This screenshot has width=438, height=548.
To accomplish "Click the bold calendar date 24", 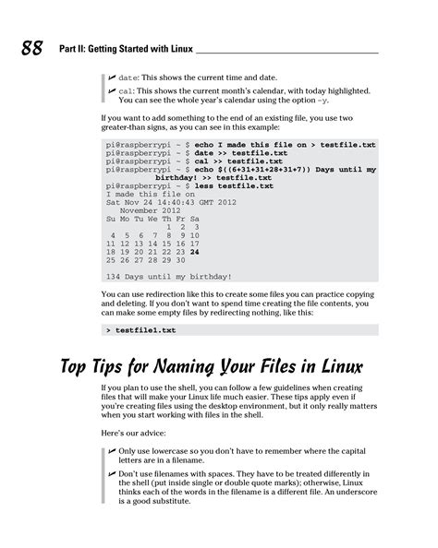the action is click(x=195, y=251).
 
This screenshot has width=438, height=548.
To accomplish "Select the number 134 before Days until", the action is click(x=116, y=276).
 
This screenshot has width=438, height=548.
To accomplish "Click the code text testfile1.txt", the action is click(x=144, y=328).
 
